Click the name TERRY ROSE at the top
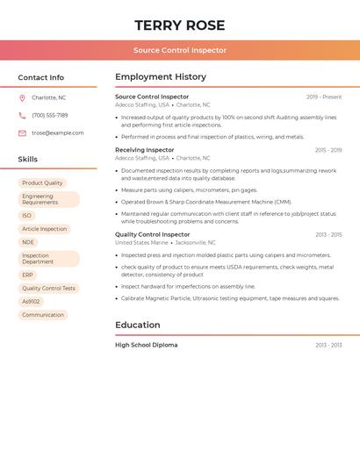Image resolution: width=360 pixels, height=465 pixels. (x=180, y=25)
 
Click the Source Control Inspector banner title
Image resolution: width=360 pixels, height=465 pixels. (x=180, y=50)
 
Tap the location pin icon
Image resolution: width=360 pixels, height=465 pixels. (x=22, y=97)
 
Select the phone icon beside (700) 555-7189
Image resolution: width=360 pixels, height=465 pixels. (x=22, y=115)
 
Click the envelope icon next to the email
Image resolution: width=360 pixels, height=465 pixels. (x=22, y=133)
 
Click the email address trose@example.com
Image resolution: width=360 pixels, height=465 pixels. (x=58, y=133)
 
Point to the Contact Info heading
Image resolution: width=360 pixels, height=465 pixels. (x=41, y=77)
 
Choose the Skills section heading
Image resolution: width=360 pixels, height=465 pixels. (x=28, y=160)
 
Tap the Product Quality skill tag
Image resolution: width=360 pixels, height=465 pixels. (x=42, y=183)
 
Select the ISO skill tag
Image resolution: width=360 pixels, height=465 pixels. (x=27, y=215)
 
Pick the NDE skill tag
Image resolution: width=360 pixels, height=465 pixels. (x=28, y=242)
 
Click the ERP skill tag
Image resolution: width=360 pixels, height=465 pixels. (x=28, y=275)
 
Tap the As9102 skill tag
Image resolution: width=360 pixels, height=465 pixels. (x=32, y=301)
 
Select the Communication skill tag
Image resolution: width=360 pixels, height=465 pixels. (x=43, y=315)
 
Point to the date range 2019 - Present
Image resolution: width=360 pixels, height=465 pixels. (x=324, y=97)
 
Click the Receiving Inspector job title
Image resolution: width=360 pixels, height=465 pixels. (x=145, y=150)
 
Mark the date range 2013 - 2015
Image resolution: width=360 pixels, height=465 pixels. (x=328, y=235)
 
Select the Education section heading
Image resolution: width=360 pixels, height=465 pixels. (x=138, y=325)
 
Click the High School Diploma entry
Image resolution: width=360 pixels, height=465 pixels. (x=147, y=345)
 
